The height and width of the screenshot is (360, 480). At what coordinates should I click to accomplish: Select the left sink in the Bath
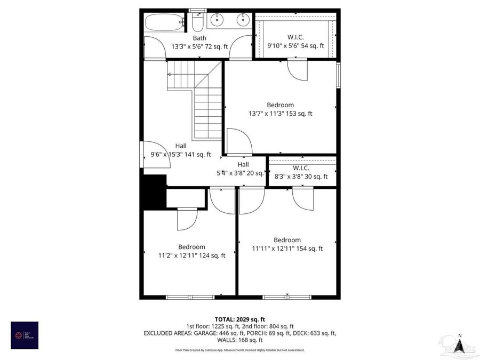[x=217, y=21]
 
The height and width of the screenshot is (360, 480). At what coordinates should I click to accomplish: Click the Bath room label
[x=199, y=38]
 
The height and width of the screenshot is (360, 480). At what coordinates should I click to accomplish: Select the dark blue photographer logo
[x=25, y=335]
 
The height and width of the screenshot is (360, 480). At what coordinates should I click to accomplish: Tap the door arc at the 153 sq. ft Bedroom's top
[x=298, y=70]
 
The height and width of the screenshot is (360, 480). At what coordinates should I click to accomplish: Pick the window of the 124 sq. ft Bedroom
[x=190, y=297]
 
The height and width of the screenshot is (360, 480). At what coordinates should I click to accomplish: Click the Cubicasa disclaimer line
[x=239, y=350]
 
